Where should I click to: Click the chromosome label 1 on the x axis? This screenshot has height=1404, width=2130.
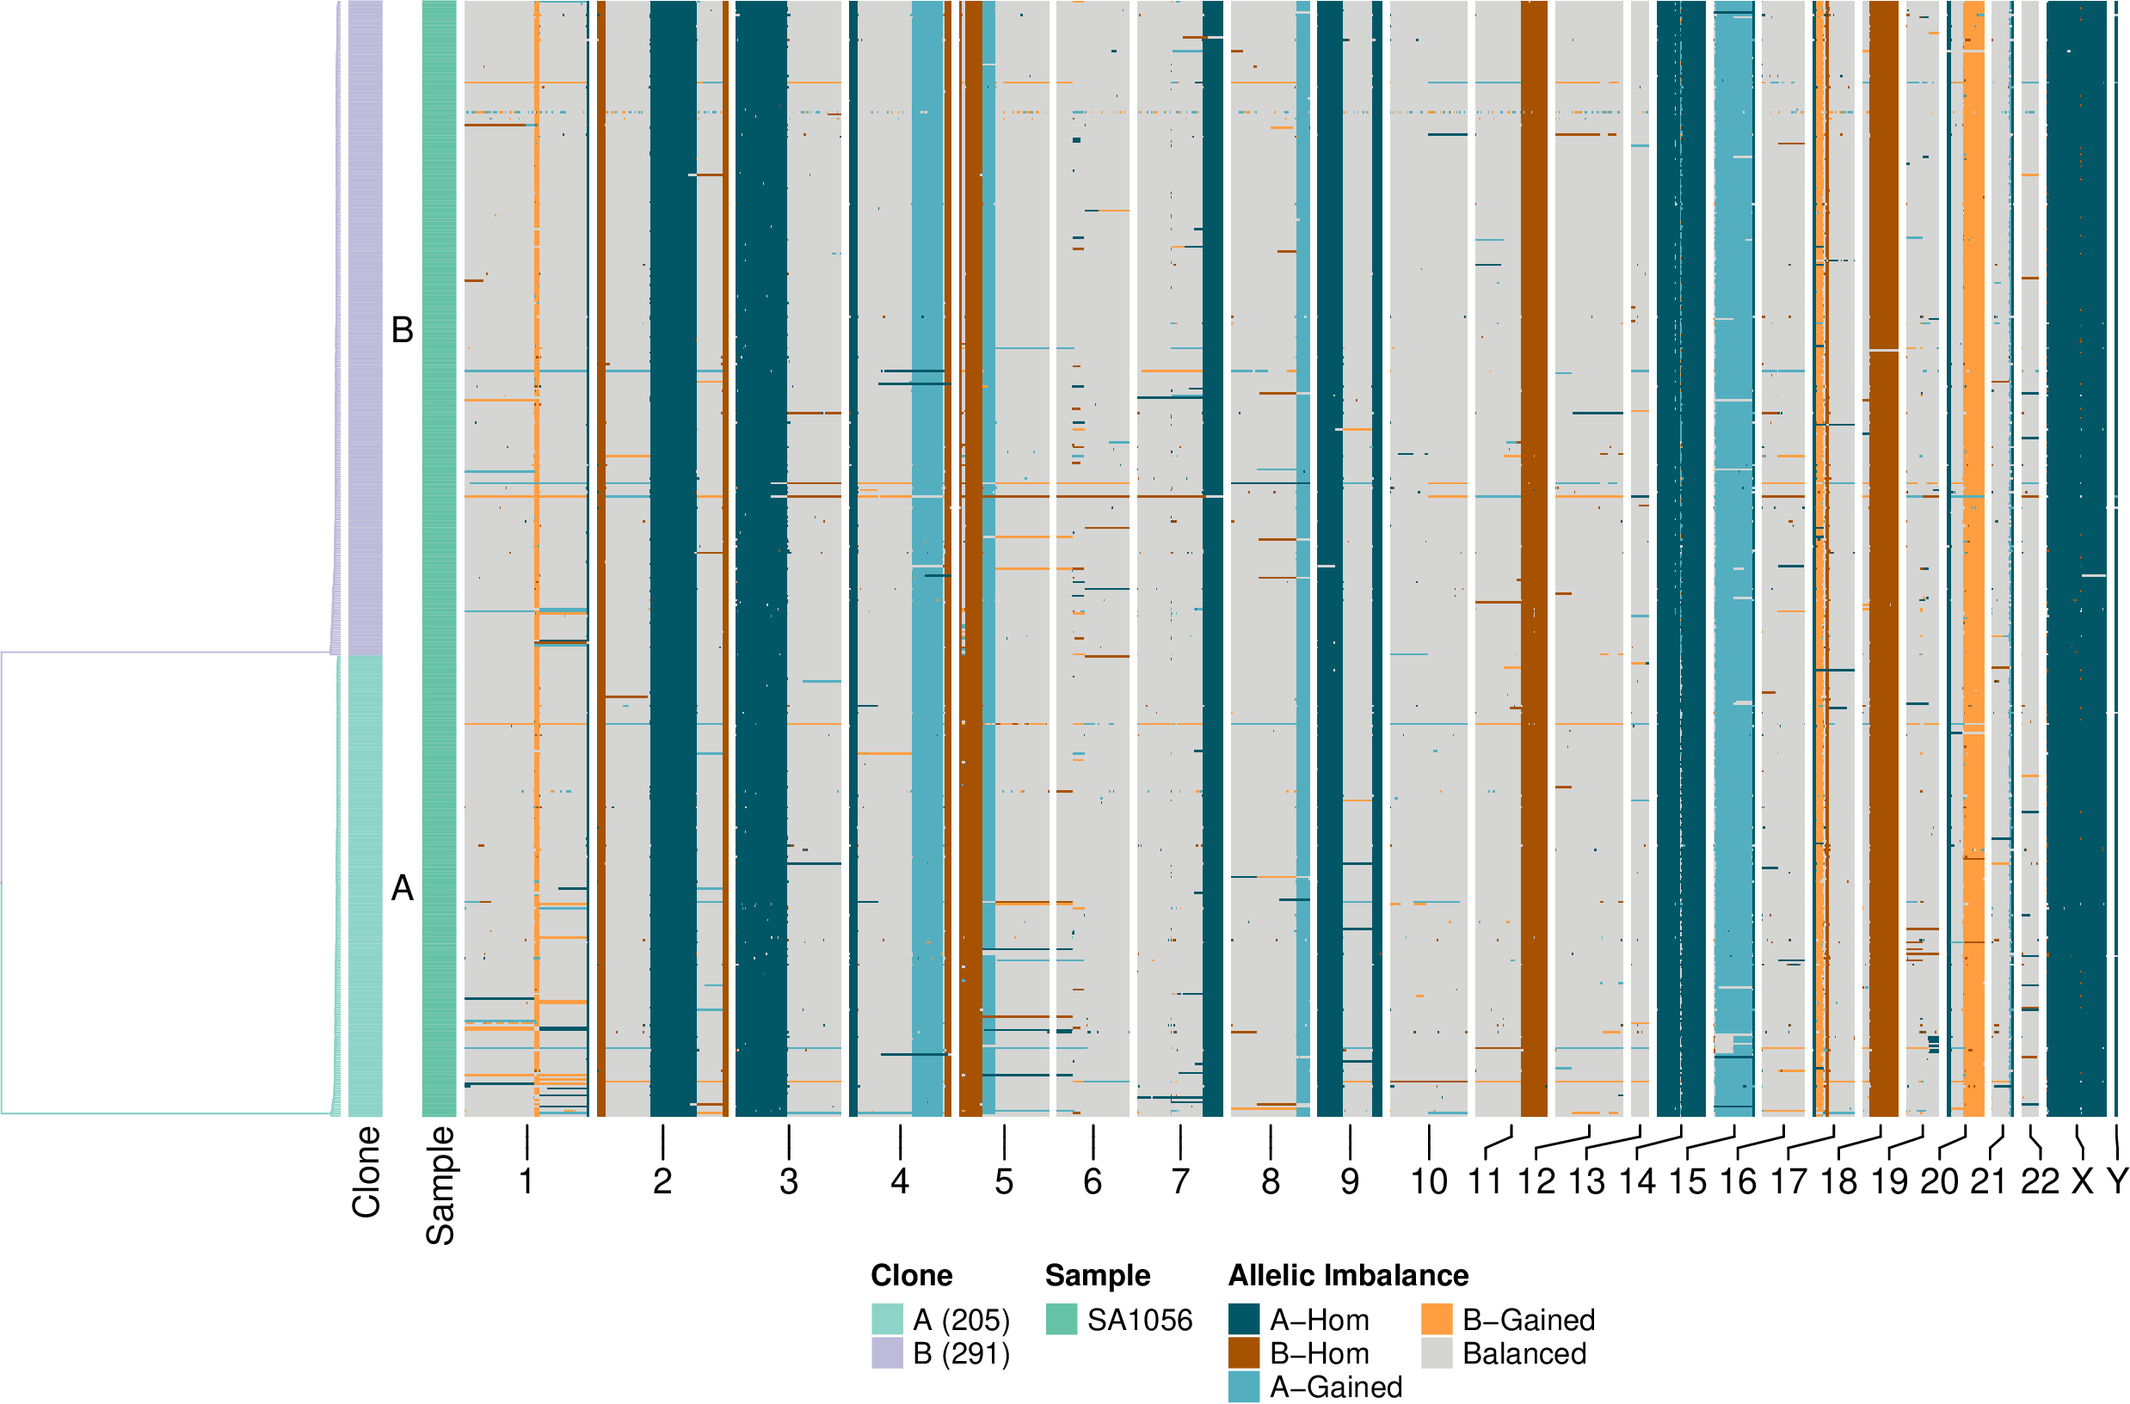coord(526,1181)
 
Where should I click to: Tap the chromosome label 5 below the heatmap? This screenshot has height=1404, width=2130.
coord(1004,1181)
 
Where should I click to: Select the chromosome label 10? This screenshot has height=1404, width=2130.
coord(1429,1181)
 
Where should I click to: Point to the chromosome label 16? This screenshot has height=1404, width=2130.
coord(1738,1181)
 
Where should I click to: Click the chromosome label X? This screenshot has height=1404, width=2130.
coord(2083,1181)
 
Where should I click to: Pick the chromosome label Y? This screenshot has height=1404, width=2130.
coord(2116,1181)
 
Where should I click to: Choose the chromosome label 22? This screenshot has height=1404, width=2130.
coord(2040,1181)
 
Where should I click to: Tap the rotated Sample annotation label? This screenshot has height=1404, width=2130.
coord(440,1186)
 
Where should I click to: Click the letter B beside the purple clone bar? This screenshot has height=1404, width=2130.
coord(403,329)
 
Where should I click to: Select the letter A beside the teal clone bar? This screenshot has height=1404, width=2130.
coord(403,887)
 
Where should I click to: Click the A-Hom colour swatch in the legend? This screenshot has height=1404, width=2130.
coord(1244,1319)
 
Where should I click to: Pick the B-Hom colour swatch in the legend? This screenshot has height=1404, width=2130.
coord(1244,1352)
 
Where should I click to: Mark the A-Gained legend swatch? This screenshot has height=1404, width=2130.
coord(1244,1385)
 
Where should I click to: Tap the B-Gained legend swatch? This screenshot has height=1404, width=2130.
coord(1437,1319)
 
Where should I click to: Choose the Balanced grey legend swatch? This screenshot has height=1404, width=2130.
coord(1437,1352)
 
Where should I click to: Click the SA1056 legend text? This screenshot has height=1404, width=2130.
coord(1139,1320)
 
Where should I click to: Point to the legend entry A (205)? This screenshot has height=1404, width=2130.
coord(961,1320)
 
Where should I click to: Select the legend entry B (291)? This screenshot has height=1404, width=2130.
coord(961,1353)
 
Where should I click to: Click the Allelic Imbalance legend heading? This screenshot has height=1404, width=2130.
coord(1348,1275)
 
